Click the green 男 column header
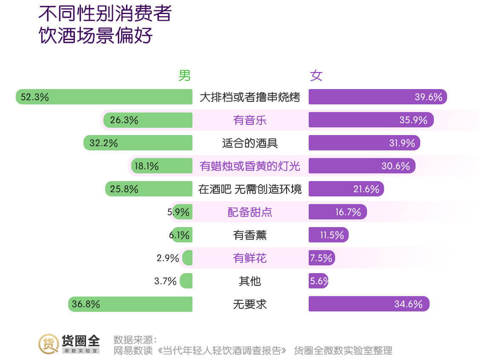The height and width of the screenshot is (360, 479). (184, 76)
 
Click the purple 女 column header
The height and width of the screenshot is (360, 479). (316, 76)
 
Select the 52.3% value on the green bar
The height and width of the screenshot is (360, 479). (35, 97)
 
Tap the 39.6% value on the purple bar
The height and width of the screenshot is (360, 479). (428, 97)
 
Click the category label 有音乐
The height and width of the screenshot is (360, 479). (250, 120)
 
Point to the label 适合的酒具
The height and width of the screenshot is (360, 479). (250, 143)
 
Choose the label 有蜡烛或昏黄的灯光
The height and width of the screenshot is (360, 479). (250, 166)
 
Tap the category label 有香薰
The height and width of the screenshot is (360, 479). (250, 235)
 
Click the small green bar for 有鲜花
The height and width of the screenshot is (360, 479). (187, 258)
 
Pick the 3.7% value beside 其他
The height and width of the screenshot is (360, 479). (165, 281)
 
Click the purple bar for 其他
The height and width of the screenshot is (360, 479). (318, 281)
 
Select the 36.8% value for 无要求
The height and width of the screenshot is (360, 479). (86, 304)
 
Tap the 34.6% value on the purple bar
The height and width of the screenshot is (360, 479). (408, 304)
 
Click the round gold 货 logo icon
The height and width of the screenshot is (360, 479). (49, 344)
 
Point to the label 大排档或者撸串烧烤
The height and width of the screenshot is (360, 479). (250, 97)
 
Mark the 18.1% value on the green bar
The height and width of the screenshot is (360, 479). (146, 166)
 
